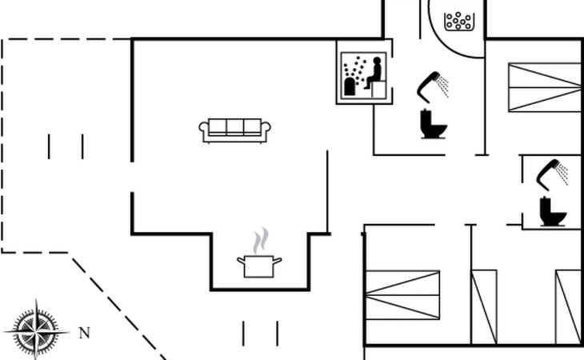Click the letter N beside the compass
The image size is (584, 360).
coord(84,334)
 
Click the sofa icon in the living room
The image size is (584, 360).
coord(235,130)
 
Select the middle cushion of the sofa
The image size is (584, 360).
coord(235,127)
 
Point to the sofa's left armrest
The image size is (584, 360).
coord(204,130)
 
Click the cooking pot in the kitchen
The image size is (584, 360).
coord(259,266)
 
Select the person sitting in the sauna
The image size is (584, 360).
coord(374,73)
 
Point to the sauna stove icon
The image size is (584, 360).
coord(350,86)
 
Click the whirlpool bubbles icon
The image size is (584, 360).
coord(458,20)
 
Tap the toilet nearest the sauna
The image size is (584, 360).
coord(433,125)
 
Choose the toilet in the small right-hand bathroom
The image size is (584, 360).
coord(552,211)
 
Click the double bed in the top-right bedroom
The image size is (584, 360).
coord(544,87)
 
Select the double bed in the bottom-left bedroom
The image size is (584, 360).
coord(402,294)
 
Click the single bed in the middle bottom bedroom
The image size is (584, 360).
coord(484,306)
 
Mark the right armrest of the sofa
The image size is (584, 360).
coord(266,130)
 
